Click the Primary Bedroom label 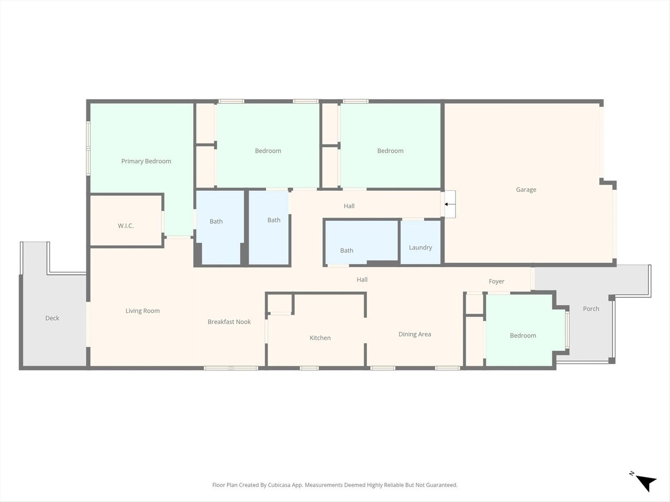[x=146, y=161]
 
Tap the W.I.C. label [x=126, y=226]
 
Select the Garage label [x=526, y=190]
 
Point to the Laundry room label [x=420, y=248]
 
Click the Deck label [x=52, y=318]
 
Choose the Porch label [x=591, y=309]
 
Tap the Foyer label [x=496, y=281]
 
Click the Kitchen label [x=320, y=337]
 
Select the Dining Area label [x=415, y=334]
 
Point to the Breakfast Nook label [x=229, y=322]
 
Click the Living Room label [x=142, y=311]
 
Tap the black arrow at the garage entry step [x=447, y=204]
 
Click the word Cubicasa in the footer [x=279, y=485]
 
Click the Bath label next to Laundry [x=347, y=250]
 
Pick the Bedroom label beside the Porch [x=523, y=336]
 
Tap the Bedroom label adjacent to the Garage [x=390, y=151]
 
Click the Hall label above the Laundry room [x=349, y=206]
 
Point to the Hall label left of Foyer [x=362, y=279]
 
